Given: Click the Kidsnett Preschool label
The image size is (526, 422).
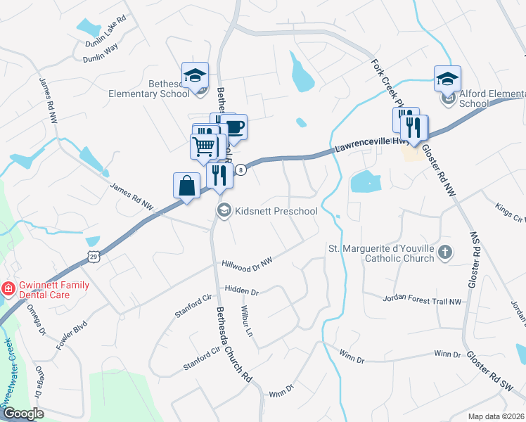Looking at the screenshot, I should [276, 211].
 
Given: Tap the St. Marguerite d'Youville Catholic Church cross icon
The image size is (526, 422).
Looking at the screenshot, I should [444, 252].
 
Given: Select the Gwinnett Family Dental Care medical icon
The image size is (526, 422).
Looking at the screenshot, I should [8, 288].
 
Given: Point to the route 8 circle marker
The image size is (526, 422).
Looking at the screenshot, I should [240, 170].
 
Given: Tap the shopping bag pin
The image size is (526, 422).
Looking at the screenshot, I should [186, 186].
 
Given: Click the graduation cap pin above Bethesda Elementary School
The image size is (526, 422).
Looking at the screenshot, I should [195, 75].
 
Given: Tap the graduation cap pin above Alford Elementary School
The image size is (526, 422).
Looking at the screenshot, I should [447, 79].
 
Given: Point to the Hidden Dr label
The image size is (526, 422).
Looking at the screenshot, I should [242, 290].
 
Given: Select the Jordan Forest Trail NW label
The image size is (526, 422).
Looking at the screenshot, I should [422, 300].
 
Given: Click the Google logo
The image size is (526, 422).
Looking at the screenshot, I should [23, 413].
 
